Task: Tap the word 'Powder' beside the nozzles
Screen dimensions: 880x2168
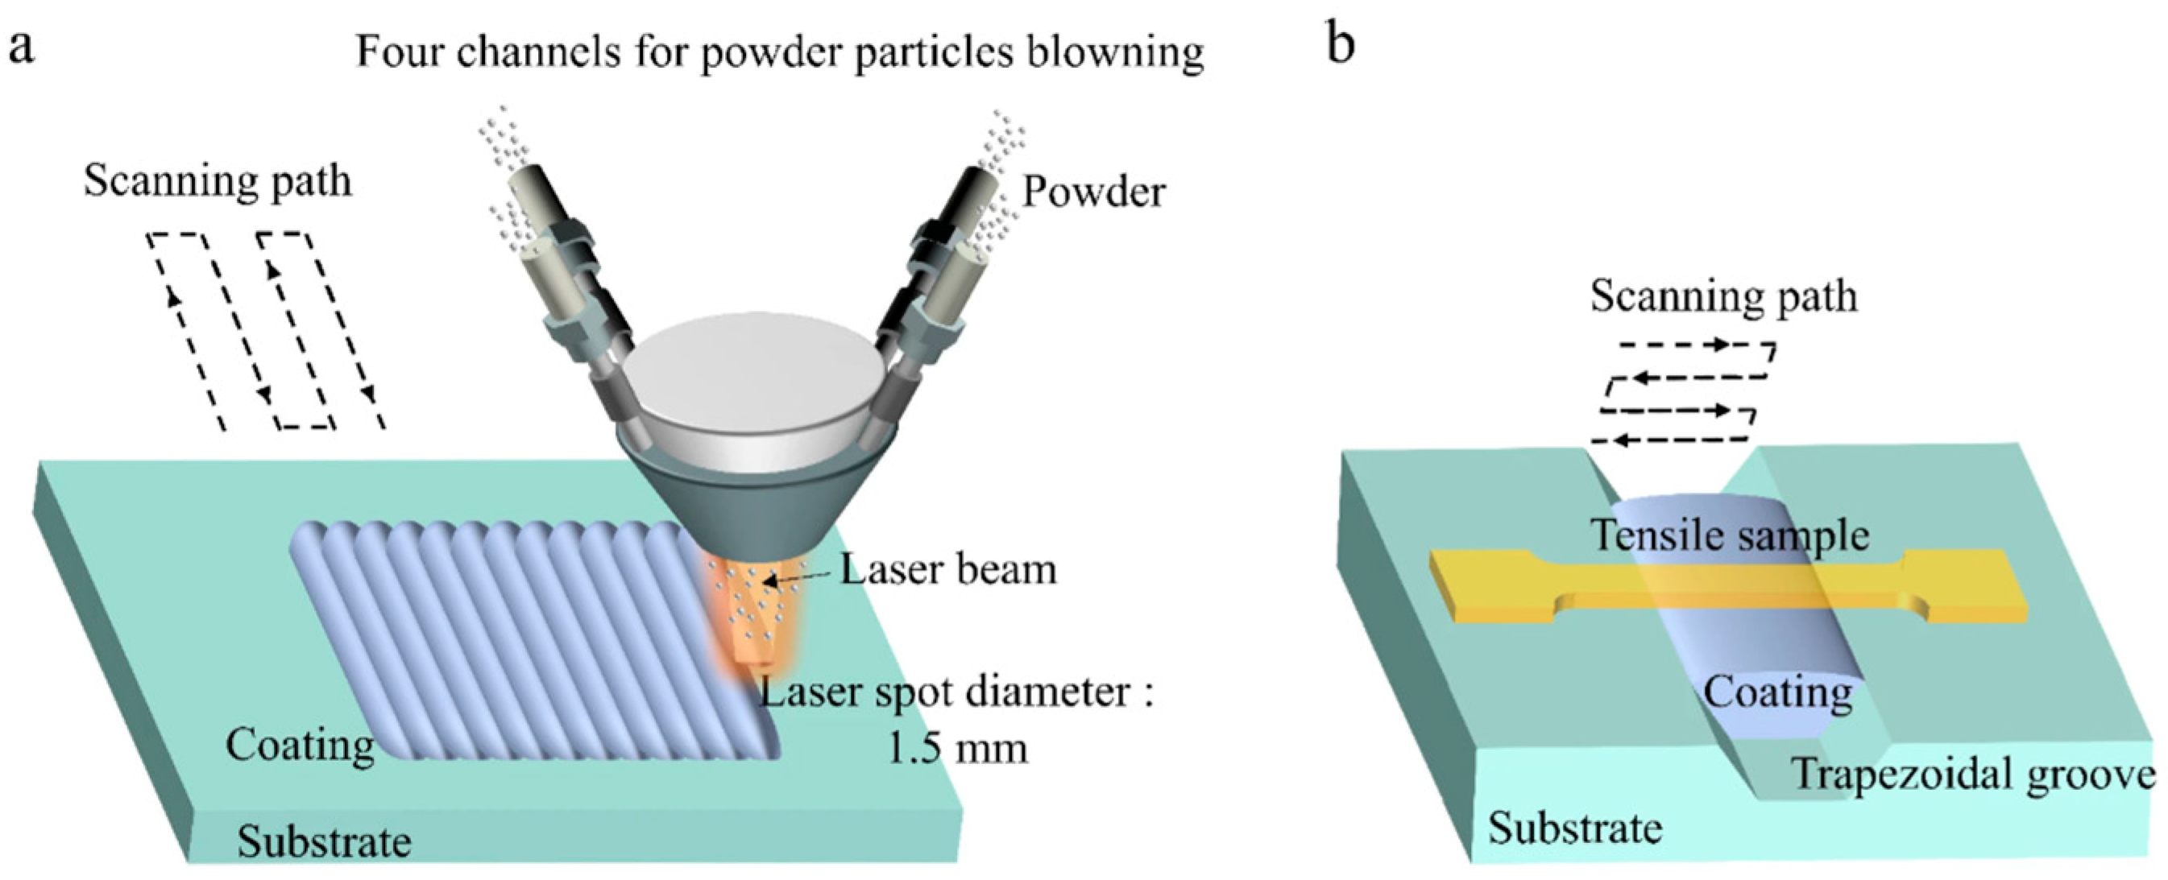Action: point(1093,192)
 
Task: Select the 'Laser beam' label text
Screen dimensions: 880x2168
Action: point(948,569)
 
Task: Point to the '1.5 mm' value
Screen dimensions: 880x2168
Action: point(958,748)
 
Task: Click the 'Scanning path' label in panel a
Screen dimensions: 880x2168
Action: point(218,181)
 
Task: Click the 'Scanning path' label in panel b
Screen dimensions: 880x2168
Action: point(1723,296)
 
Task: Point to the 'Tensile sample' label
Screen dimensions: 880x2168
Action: point(1730,535)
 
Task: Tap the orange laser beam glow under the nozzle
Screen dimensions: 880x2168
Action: point(749,622)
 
